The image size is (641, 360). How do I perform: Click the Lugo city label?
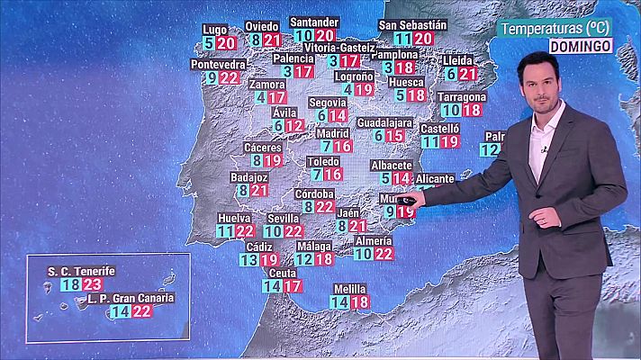click(x=215, y=29)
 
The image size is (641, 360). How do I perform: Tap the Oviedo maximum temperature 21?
click(x=273, y=40)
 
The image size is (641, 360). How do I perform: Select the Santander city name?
click(x=314, y=22)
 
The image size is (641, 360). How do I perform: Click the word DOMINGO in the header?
click(x=581, y=45)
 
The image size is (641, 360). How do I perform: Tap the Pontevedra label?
click(x=219, y=65)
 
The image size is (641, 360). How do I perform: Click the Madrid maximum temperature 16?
click(x=342, y=146)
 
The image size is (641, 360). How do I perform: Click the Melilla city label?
click(x=349, y=289)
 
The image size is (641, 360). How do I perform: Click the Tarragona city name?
click(x=462, y=96)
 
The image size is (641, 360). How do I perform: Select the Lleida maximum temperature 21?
click(x=467, y=74)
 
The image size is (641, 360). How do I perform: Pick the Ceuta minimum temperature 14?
click(x=271, y=286)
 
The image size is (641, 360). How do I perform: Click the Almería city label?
click(x=373, y=241)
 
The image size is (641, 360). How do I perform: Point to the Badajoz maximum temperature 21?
click(x=259, y=191)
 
